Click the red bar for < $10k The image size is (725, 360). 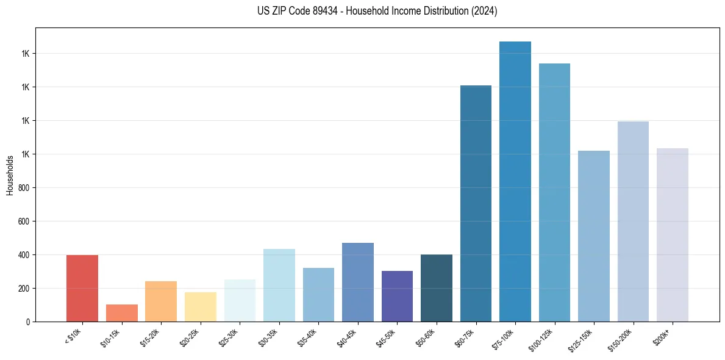pyautogui.click(x=82, y=288)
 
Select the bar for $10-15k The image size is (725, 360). pyautogui.click(x=121, y=313)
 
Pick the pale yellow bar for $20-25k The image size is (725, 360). pyautogui.click(x=200, y=307)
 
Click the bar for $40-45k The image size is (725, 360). pyautogui.click(x=357, y=282)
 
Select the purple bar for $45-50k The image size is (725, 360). pyautogui.click(x=397, y=296)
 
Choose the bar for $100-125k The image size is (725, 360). pyautogui.click(x=554, y=192)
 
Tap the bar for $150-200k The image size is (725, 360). pyautogui.click(x=633, y=221)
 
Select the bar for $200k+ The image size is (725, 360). pyautogui.click(x=673, y=235)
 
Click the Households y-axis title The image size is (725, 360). pyautogui.click(x=10, y=175)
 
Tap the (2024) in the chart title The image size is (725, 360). pyautogui.click(x=485, y=11)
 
